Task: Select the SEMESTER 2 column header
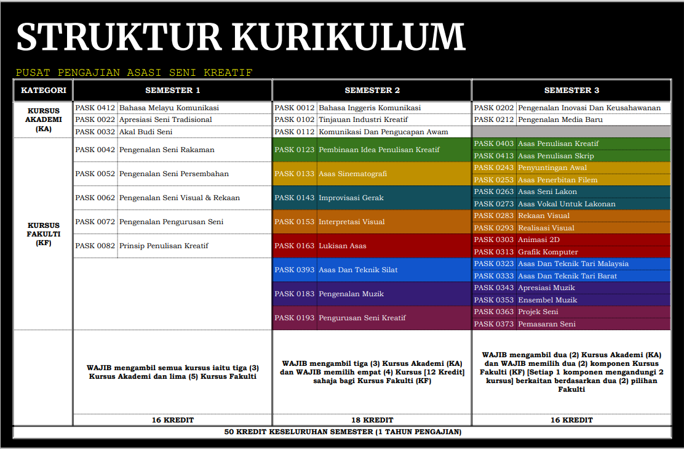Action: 372,91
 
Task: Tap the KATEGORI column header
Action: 43,91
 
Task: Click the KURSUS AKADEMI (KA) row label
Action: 43,119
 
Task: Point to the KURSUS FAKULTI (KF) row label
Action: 43,234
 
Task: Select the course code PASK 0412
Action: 95,108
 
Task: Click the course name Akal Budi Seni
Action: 146,132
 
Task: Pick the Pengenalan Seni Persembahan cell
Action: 174,174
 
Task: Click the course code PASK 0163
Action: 294,246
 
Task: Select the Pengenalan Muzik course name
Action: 351,294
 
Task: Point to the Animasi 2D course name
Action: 539,240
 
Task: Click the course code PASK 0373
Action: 493,324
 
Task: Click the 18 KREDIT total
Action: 372,420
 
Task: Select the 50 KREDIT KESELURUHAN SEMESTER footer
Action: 342,432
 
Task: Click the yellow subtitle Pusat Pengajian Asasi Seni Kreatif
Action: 134,73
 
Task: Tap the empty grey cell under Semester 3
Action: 571,132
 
